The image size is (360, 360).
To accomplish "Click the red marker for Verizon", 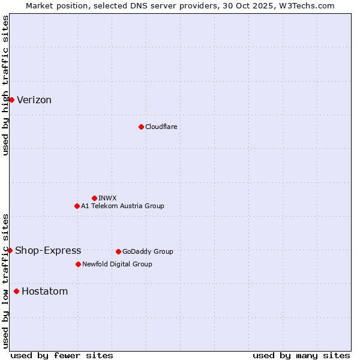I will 11,100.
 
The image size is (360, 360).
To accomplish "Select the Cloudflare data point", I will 141,127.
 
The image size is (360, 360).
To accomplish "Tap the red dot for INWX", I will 94,198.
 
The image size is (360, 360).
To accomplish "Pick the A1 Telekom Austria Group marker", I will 77,206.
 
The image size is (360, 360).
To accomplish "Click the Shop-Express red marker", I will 10,250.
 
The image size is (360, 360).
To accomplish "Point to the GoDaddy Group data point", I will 118,251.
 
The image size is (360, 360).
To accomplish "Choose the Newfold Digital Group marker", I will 78,264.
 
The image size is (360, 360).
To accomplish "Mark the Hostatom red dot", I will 16,292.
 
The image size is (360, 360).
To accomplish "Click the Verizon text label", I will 34,100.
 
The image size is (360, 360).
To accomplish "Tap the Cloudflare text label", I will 161,127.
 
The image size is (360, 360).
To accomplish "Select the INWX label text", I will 107,198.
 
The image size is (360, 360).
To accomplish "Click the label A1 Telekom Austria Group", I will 122,206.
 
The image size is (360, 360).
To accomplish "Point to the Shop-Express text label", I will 48,251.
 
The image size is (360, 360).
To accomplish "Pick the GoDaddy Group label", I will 148,251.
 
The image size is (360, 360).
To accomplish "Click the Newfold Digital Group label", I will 117,264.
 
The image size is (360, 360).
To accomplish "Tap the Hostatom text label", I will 44,292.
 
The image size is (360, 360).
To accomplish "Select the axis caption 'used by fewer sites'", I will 62,355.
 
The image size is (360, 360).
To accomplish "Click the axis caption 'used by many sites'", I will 301,355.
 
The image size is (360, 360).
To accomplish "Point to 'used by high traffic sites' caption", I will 5,85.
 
